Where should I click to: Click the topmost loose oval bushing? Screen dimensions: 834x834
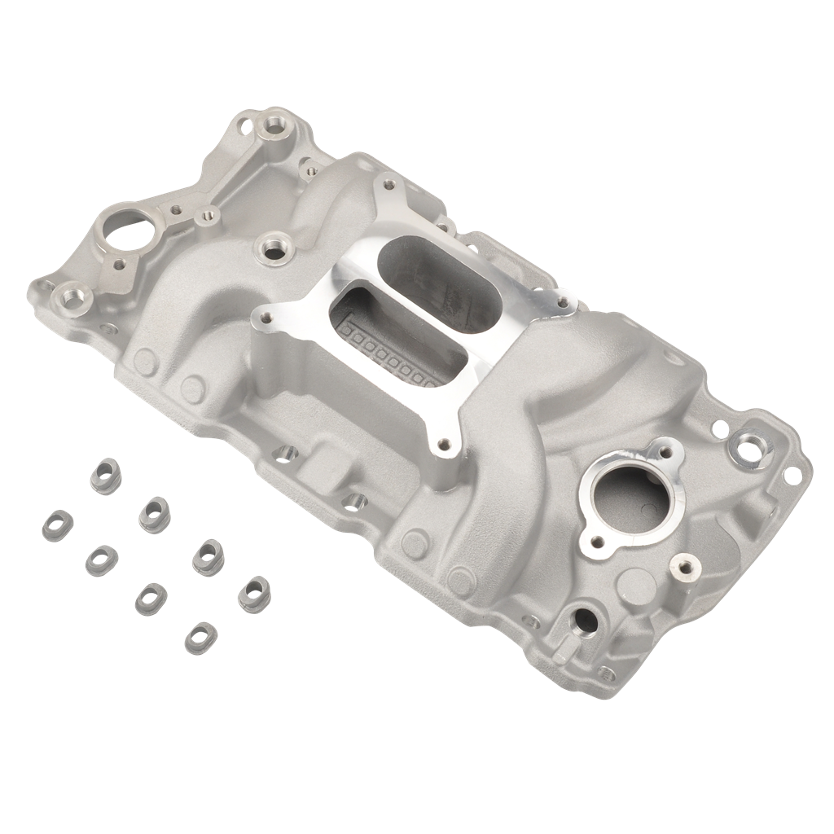click(105, 472)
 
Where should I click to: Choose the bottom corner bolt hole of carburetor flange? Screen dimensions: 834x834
click(445, 445)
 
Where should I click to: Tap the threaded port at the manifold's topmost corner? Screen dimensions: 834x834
click(272, 127)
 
